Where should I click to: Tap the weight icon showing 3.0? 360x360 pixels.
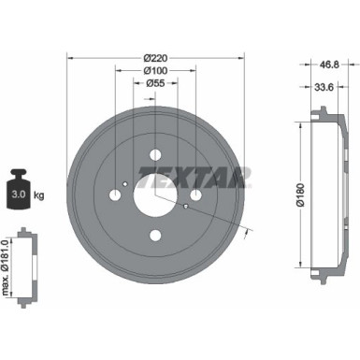tap(19, 191)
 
